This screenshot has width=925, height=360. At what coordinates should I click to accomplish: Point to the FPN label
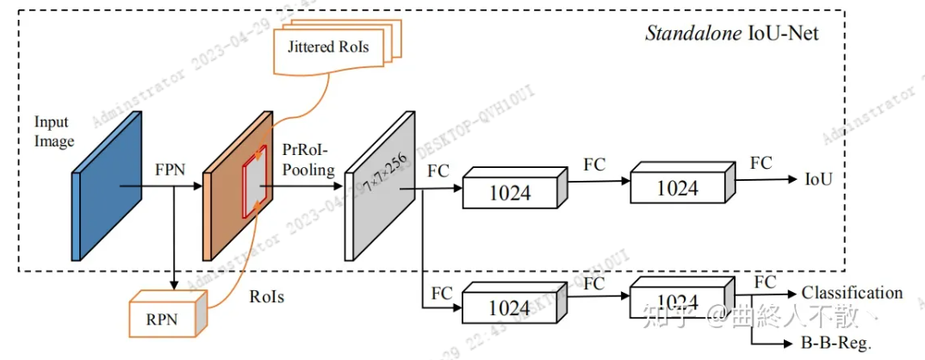click(x=171, y=170)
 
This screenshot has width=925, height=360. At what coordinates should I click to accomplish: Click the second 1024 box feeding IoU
click(x=677, y=187)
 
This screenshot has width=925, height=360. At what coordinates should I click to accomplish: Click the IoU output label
click(x=819, y=180)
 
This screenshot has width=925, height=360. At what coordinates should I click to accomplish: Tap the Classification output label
click(x=852, y=293)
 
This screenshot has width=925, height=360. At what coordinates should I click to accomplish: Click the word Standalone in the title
click(x=684, y=34)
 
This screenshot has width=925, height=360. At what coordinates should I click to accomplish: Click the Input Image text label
click(x=54, y=131)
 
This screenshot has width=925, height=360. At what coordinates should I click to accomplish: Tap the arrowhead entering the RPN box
click(x=175, y=285)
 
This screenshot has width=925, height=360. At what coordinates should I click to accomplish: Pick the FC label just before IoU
click(x=760, y=163)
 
